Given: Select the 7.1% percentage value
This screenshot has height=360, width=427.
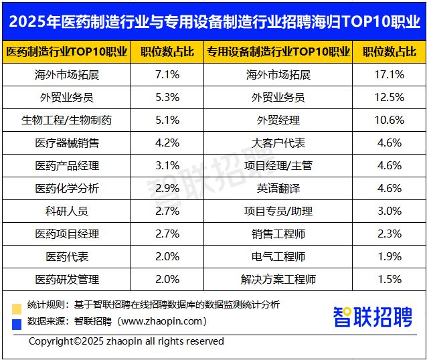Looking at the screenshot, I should click(x=167, y=75).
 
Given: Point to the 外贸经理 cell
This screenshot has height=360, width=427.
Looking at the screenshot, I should click(x=278, y=120).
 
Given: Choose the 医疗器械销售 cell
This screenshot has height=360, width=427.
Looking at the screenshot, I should click(x=67, y=143).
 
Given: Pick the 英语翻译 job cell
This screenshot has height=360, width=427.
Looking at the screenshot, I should click(x=278, y=189).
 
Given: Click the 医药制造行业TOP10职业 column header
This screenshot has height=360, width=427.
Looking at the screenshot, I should click(x=67, y=52).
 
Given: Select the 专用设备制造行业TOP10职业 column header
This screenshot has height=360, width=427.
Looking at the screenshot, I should click(x=278, y=52).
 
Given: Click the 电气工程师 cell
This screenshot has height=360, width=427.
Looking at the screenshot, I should click(x=278, y=257).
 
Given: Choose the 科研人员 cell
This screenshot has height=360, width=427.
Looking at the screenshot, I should click(x=67, y=211).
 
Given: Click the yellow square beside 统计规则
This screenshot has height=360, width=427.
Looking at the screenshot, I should click(x=17, y=308).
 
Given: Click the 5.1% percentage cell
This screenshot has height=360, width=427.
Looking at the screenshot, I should click(x=167, y=120).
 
